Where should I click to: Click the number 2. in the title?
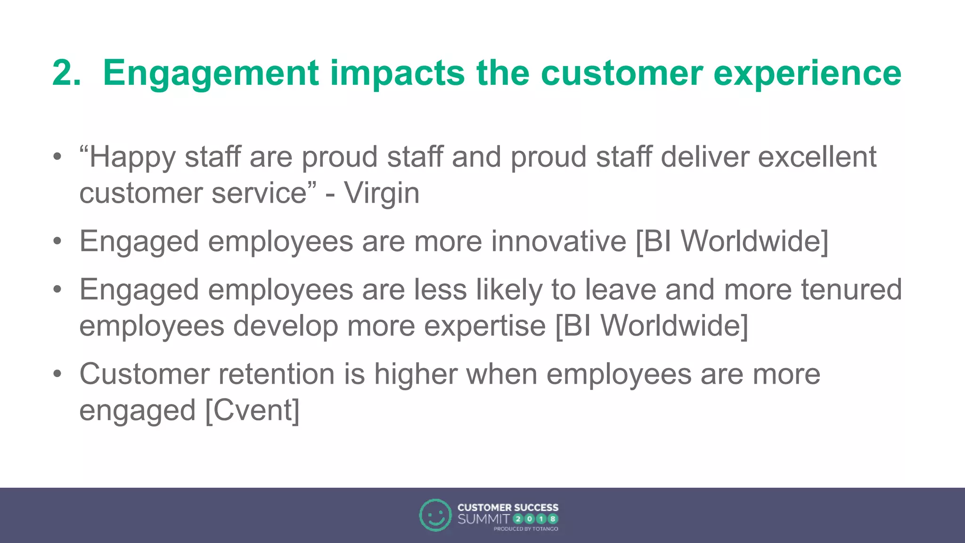click(66, 73)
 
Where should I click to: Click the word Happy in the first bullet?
click(132, 158)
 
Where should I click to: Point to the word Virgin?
click(381, 193)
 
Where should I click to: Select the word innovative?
click(558, 241)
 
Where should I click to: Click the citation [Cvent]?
click(253, 410)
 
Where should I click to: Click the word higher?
click(416, 375)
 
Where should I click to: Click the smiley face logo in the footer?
click(435, 515)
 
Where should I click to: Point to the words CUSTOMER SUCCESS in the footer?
click(507, 508)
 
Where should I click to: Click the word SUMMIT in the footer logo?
click(483, 519)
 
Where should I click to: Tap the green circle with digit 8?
click(553, 519)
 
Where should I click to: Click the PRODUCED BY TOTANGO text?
click(525, 529)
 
